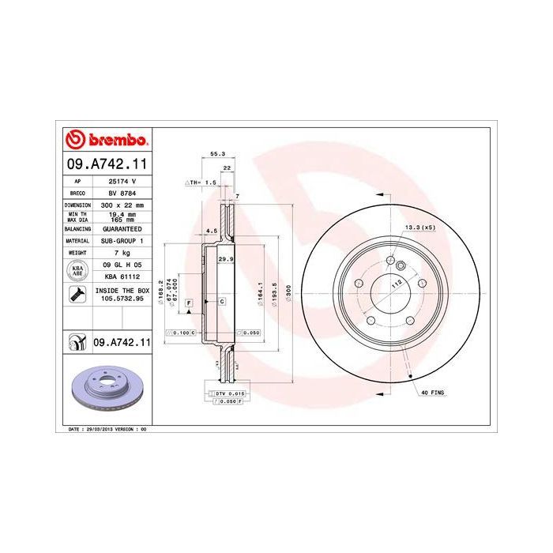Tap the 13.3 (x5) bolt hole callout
(419, 228)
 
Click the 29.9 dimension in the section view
(224, 258)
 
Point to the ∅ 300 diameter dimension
(288, 292)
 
